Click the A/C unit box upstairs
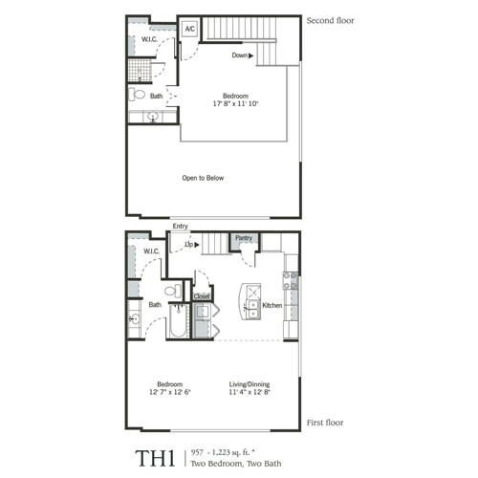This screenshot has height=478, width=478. click(x=188, y=29)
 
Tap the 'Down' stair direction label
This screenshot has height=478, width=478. click(x=242, y=55)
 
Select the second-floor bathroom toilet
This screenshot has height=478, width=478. click(x=140, y=96)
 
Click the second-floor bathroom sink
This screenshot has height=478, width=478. click(x=152, y=118)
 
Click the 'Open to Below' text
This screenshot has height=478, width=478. click(x=203, y=178)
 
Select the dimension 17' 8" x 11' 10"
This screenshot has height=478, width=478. click(x=237, y=105)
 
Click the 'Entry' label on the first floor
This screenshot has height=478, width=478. click(x=180, y=227)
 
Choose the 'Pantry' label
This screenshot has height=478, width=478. click(x=244, y=238)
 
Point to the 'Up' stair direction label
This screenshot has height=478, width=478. click(x=190, y=246)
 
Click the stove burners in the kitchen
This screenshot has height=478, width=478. click(x=291, y=281)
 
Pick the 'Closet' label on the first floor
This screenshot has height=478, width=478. click(x=202, y=297)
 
